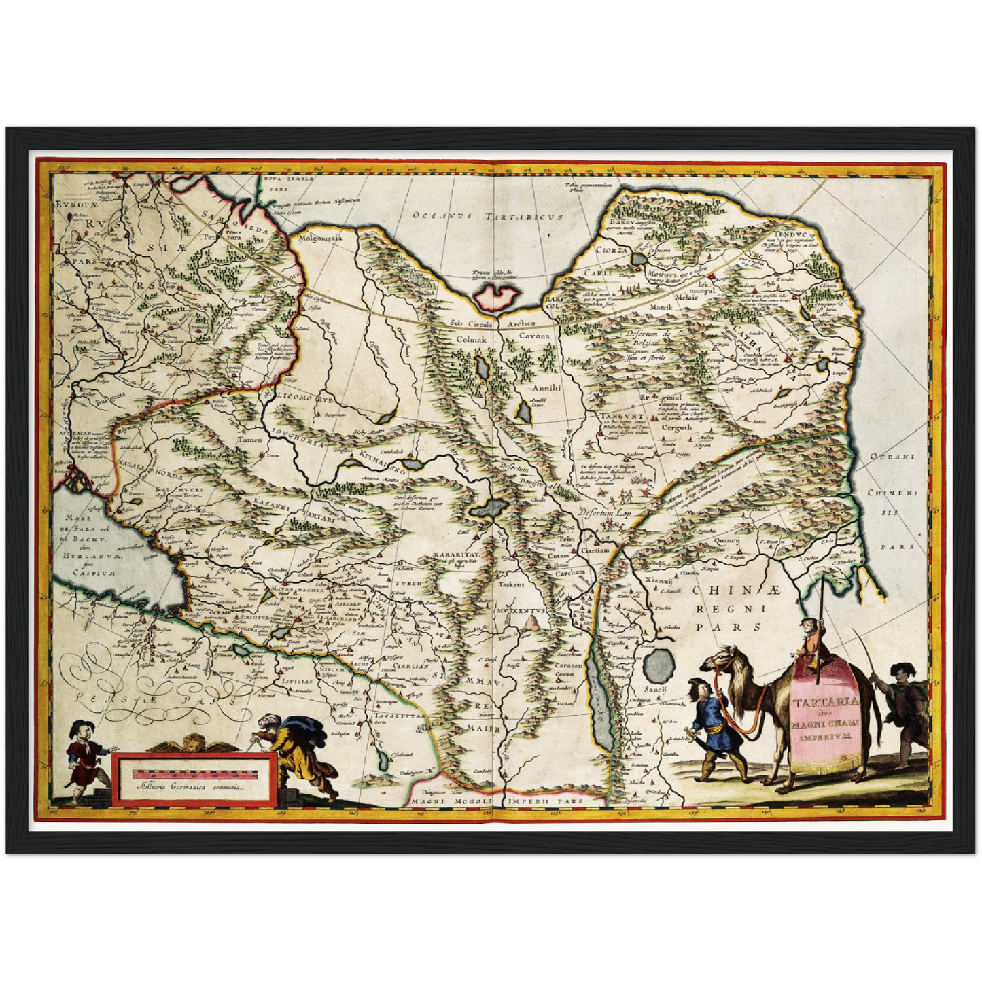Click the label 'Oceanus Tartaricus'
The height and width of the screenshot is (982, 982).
489,216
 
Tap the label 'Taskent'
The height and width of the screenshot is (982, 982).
512,584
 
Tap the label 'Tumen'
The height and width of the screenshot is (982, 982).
249,440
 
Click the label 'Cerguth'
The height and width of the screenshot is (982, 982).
676,427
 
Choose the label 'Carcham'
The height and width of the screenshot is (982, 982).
569,572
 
